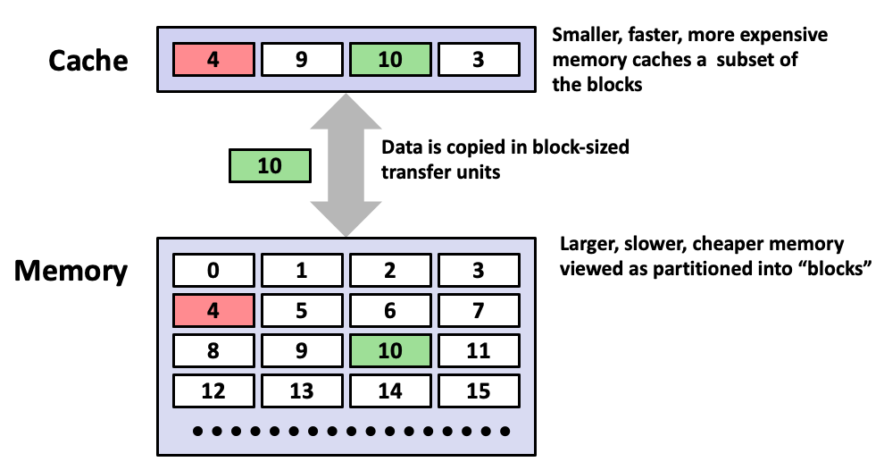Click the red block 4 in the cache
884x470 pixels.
213,60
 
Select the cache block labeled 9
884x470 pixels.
302,60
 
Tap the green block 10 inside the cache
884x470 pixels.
390,60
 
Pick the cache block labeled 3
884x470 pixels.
479,60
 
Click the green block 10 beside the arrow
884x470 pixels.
269,166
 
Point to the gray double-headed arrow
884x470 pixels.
346,165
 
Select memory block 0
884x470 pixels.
213,270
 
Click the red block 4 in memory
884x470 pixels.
213,310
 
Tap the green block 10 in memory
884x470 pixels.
390,350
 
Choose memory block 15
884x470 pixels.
479,390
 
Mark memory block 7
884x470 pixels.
479,310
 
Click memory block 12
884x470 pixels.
213,390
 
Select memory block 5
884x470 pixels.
302,310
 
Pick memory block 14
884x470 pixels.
390,390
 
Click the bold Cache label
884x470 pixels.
88,61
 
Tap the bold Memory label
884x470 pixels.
71,271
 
